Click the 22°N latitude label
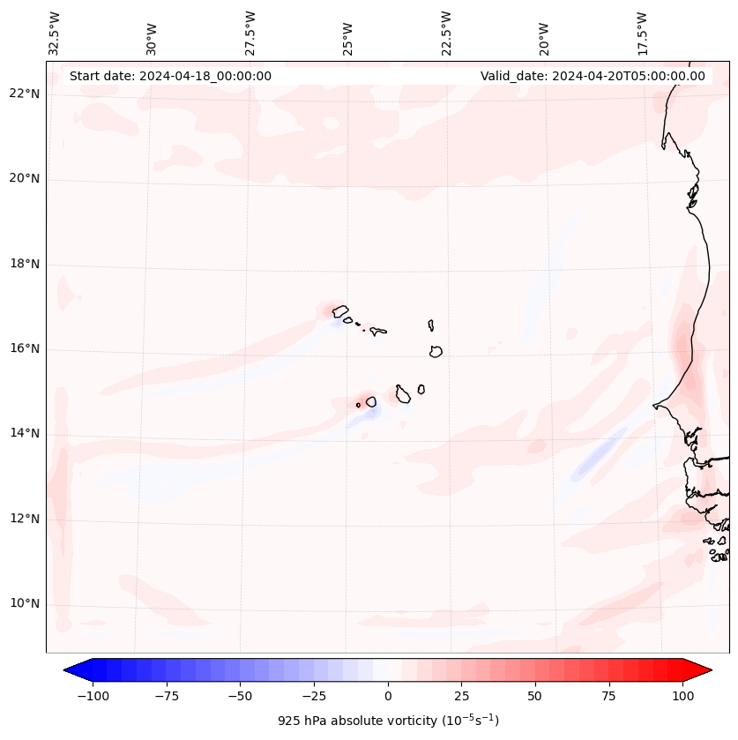point(24,94)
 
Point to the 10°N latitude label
point(24,603)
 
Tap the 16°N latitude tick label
point(24,348)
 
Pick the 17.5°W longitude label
point(643,33)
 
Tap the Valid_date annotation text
point(593,76)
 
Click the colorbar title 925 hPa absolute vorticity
point(388,721)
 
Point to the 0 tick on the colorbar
point(388,696)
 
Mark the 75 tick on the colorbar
point(609,696)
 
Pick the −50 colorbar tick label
point(241,696)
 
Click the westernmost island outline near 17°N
point(339,311)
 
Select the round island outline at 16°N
point(436,351)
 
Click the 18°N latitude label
point(24,264)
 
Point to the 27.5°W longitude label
point(251,33)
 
